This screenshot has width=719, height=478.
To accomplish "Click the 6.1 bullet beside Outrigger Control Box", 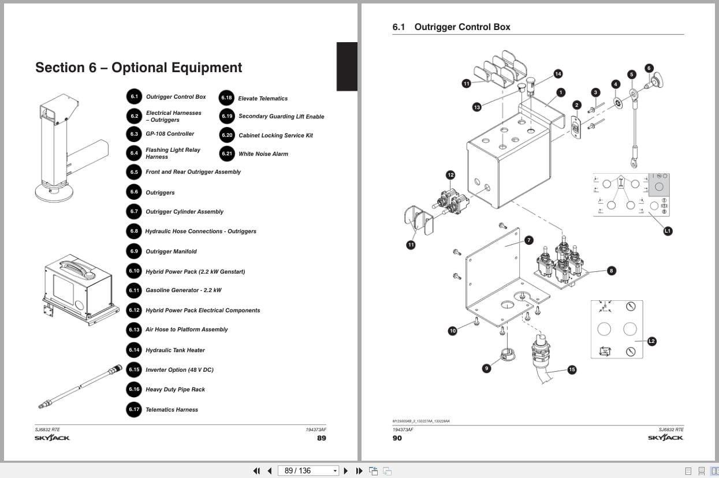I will coord(134,97).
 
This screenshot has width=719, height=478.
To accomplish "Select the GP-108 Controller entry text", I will coord(170,134).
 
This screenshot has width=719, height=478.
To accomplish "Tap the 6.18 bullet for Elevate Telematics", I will coord(226,98).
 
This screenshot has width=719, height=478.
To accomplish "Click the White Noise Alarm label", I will coord(263,154).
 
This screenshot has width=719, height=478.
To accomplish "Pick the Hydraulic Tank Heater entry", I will coord(175,350).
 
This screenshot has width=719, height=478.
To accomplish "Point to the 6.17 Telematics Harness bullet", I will coord(134,409).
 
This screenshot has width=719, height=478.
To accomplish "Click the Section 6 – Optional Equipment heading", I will coord(139,68).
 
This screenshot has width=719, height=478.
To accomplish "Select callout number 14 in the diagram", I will coord(558,74).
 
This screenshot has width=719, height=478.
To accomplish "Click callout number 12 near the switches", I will coord(450,175).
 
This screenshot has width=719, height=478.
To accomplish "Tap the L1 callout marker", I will coord(668,231).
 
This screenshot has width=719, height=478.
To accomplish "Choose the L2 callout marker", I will coord(651,341).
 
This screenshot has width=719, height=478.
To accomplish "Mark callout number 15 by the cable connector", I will coord(572,369).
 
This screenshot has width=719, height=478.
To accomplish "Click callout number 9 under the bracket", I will coord(486,368).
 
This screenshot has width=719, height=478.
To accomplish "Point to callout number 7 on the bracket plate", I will coord(528,240).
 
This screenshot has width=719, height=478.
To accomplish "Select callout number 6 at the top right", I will coord(649,68).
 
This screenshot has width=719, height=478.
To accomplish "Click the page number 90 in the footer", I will coord(397,438).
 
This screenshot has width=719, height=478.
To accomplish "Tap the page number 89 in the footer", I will coord(322,438).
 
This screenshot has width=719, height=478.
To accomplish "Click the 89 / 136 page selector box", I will coord(308,470).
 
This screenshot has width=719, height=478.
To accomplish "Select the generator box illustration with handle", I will coord(80,289).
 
